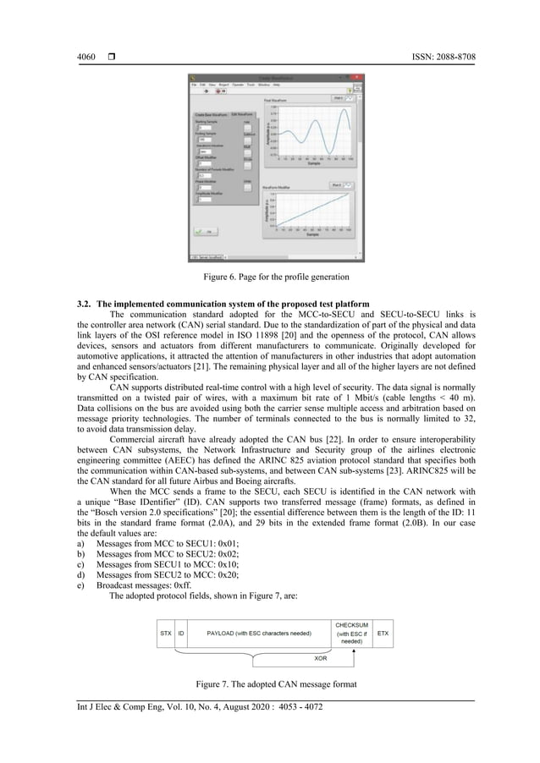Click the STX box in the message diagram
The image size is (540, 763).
tap(164, 631)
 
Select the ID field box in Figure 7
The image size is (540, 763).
tap(182, 631)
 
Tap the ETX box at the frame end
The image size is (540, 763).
tap(383, 631)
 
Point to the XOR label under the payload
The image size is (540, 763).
tap(321, 656)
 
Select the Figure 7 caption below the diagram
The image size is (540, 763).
tap(270, 682)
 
